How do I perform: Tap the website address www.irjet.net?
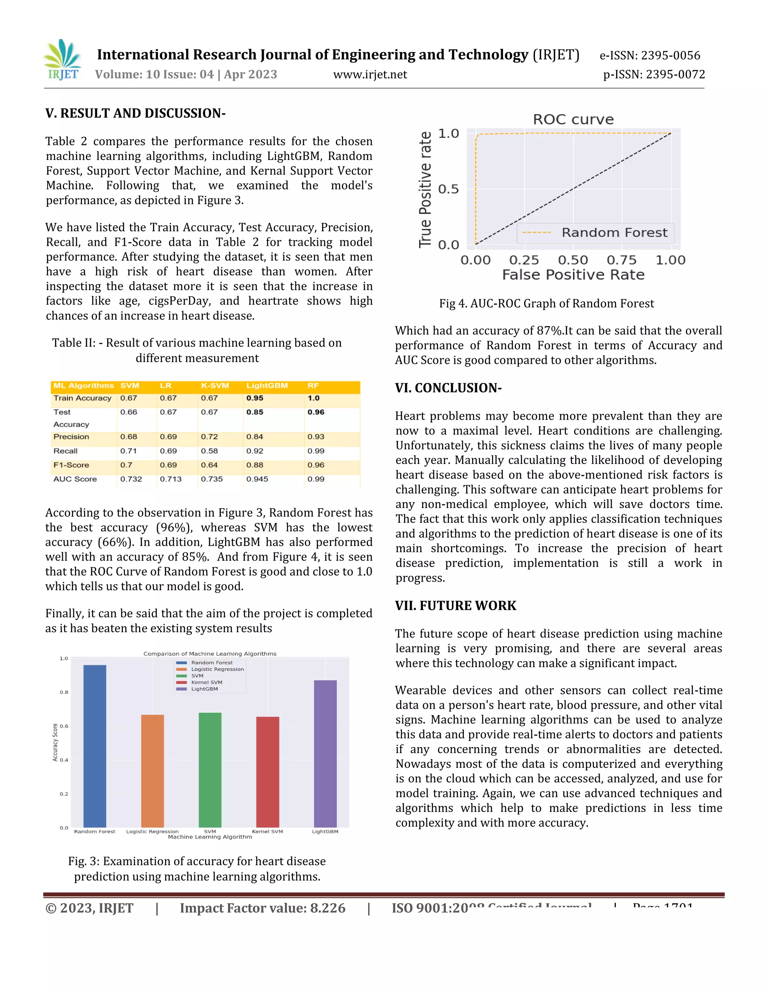pyautogui.click(x=370, y=75)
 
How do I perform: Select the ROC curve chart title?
pyautogui.click(x=573, y=120)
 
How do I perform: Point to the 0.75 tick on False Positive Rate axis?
pyautogui.click(x=621, y=260)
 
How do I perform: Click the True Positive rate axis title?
pyautogui.click(x=425, y=190)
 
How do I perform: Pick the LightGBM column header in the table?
pyautogui.click(x=267, y=386)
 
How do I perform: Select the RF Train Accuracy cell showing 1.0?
pyautogui.click(x=313, y=398)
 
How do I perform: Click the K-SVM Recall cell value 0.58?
pyautogui.click(x=209, y=451)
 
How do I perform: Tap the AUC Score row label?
pyautogui.click(x=75, y=479)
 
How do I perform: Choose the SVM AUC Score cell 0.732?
pyautogui.click(x=131, y=479)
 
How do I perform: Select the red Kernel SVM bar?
pyautogui.click(x=267, y=772)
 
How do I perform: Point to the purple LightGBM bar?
pyautogui.click(x=325, y=754)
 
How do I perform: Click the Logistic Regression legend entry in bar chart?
pyautogui.click(x=217, y=669)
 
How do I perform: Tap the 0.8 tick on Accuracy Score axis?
pyautogui.click(x=64, y=692)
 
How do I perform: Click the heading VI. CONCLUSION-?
pyautogui.click(x=448, y=388)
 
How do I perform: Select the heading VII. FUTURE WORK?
pyautogui.click(x=455, y=606)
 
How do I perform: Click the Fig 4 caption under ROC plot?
pyautogui.click(x=546, y=304)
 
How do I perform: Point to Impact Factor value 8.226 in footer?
pyautogui.click(x=262, y=908)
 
